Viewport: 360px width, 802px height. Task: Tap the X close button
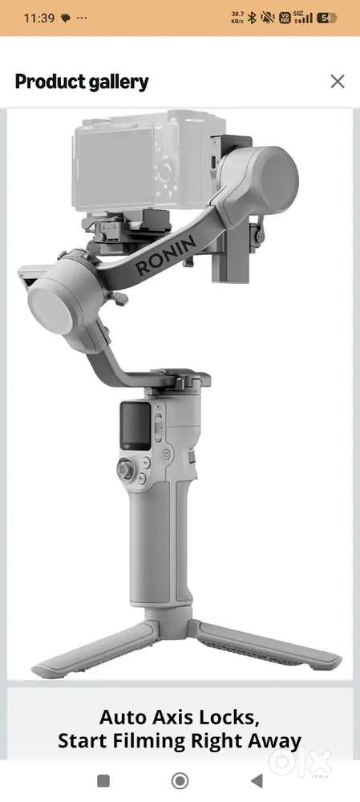click(x=338, y=81)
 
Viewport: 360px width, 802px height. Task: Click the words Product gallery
click(x=82, y=82)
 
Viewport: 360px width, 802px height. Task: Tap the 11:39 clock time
click(x=38, y=18)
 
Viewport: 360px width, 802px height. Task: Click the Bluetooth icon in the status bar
click(x=251, y=18)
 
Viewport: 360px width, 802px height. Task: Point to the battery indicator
click(x=326, y=18)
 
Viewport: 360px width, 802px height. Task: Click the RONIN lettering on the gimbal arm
click(x=165, y=255)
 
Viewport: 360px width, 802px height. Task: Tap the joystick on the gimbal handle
click(x=125, y=469)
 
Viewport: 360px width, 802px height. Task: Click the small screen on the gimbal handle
click(x=136, y=426)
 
